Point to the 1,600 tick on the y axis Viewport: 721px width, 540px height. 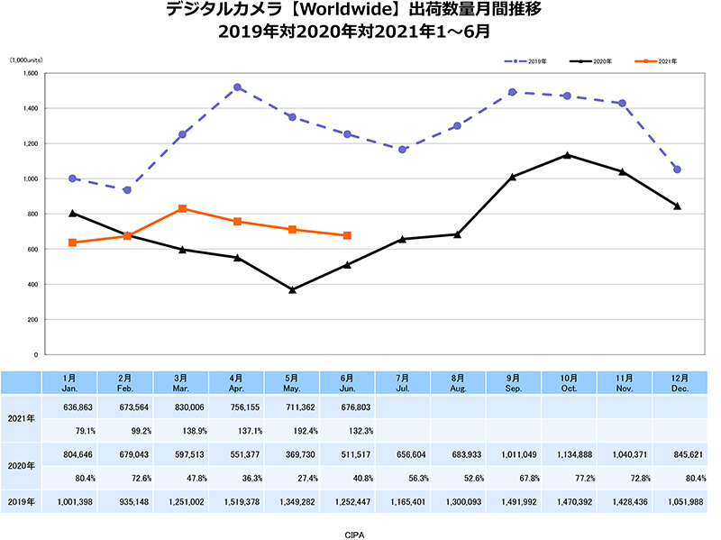click(x=29, y=73)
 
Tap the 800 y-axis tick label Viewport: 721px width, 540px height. click(x=32, y=214)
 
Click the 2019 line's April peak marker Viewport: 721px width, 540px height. click(x=237, y=87)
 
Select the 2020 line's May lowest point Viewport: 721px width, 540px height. click(x=292, y=289)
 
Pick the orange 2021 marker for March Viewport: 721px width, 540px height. click(x=182, y=208)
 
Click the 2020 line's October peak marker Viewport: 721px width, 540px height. click(x=567, y=155)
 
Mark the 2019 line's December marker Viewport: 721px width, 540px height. click(x=677, y=169)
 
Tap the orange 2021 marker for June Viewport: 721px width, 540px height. click(x=347, y=235)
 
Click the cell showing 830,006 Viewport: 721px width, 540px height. click(x=182, y=407)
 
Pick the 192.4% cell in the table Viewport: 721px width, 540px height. click(x=293, y=430)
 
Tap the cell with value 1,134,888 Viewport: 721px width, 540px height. click(x=568, y=455)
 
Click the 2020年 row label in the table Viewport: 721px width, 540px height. click(x=21, y=467)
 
